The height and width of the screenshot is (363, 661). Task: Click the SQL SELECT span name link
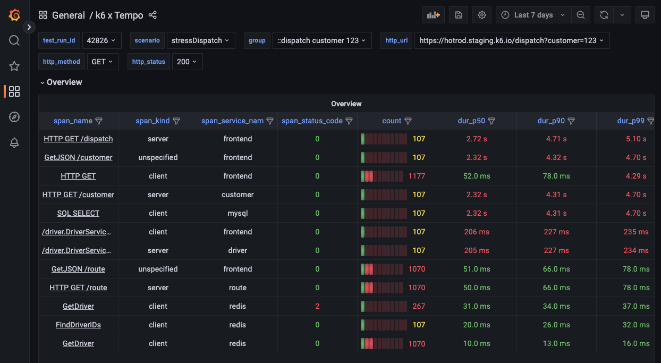(78, 213)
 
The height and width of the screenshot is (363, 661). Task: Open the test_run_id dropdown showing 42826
(102, 40)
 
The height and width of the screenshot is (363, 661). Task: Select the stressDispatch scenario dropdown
(200, 40)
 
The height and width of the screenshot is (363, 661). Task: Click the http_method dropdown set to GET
(102, 62)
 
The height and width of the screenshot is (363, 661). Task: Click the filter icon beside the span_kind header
(176, 121)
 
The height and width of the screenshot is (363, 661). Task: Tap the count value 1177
(417, 176)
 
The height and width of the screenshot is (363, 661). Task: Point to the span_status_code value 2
(317, 306)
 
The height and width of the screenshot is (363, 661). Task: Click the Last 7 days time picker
(533, 15)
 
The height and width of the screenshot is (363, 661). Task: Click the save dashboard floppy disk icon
(458, 15)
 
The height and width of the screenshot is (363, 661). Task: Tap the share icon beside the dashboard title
(152, 15)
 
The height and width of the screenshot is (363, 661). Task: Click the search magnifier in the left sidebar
(14, 40)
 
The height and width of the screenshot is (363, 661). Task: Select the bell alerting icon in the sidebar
(14, 142)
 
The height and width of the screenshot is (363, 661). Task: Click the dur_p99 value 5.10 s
(636, 139)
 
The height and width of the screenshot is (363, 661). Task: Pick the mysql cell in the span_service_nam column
(238, 213)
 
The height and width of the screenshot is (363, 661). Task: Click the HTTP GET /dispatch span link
(78, 139)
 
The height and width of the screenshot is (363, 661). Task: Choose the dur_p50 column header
(471, 121)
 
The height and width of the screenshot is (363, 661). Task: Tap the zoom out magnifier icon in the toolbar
(581, 15)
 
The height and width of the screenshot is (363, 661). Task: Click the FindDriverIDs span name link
(78, 325)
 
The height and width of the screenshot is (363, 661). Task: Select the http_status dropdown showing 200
(187, 62)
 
